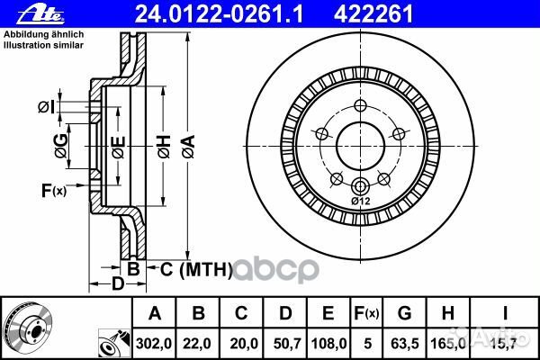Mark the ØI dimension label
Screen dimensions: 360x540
click(46, 108)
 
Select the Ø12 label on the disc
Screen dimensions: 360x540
click(360, 201)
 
